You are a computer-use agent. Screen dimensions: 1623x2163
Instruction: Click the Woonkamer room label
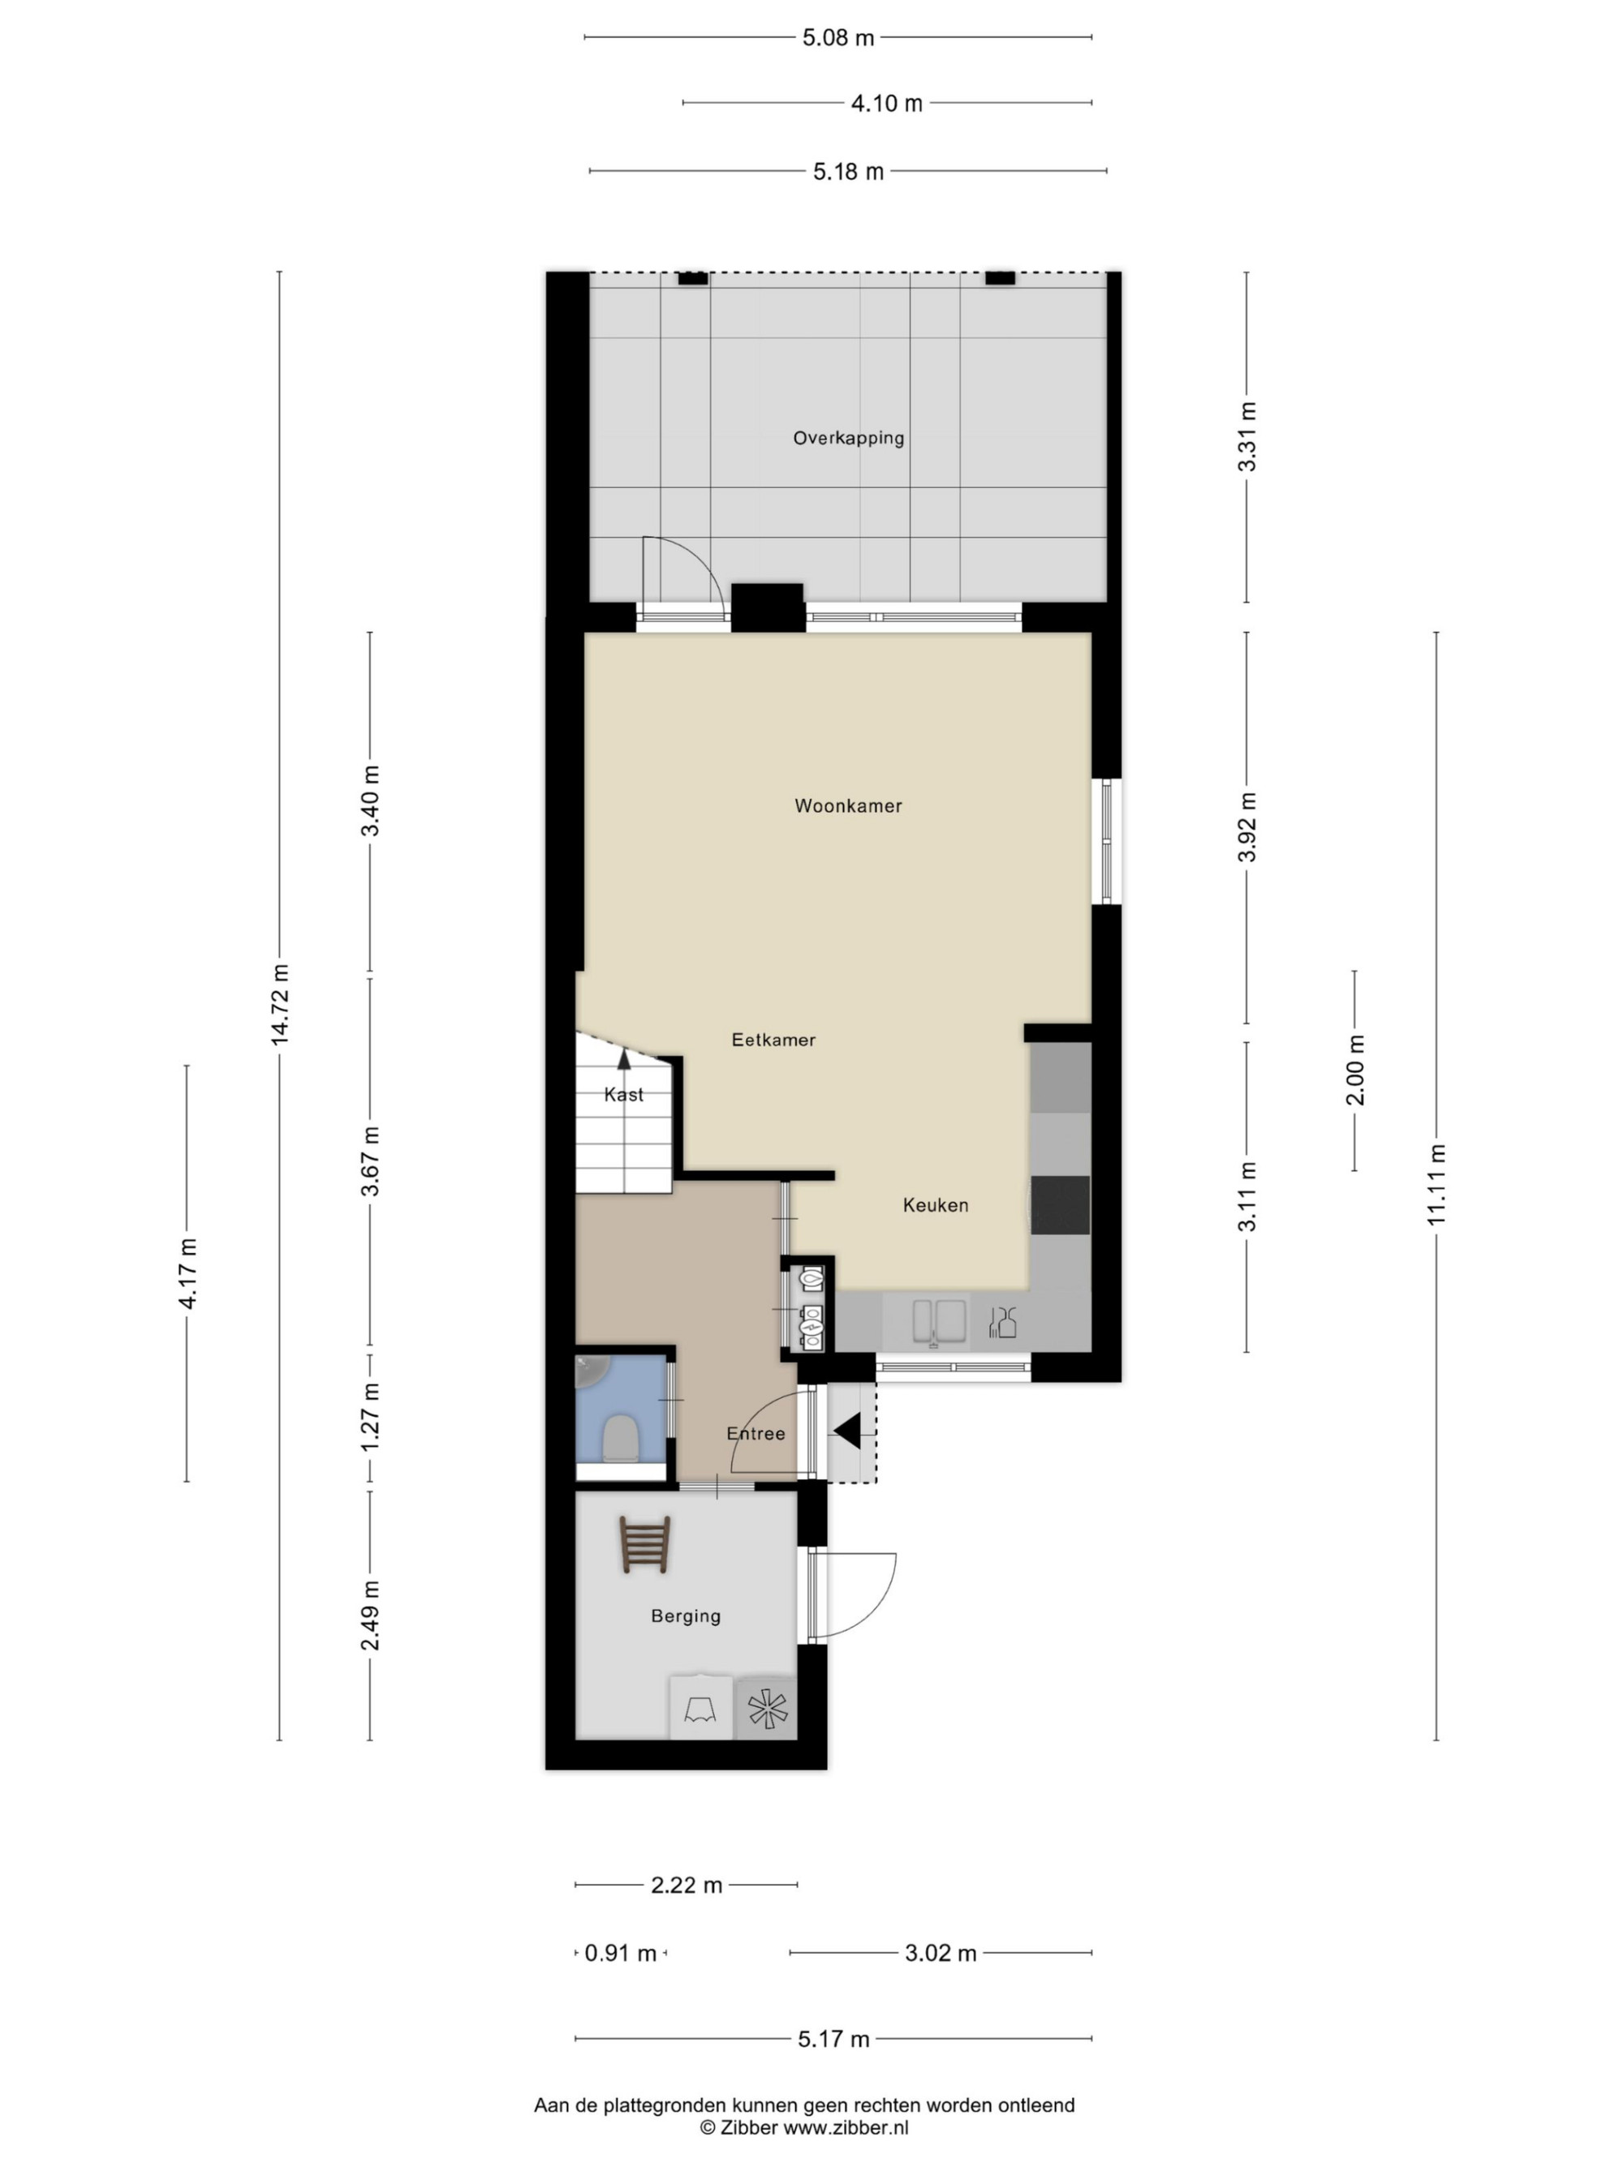pyautogui.click(x=848, y=805)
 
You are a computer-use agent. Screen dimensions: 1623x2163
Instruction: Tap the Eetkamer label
pyautogui.click(x=773, y=1040)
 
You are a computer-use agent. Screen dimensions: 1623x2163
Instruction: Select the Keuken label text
pyautogui.click(x=936, y=1204)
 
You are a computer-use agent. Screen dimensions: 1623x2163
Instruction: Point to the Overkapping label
pyautogui.click(x=848, y=438)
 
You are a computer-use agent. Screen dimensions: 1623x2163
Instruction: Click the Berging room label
pyautogui.click(x=686, y=1616)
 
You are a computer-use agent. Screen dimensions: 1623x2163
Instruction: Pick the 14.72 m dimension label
pyautogui.click(x=281, y=1003)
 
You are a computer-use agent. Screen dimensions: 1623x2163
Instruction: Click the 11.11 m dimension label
pyautogui.click(x=1436, y=1184)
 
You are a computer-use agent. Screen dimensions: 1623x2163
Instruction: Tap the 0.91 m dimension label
pyautogui.click(x=620, y=1953)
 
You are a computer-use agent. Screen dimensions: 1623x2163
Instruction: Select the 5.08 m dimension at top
pyautogui.click(x=838, y=37)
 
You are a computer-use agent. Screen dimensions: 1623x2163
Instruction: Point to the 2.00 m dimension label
pyautogui.click(x=1356, y=1070)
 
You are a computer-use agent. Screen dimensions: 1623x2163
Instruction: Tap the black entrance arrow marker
pyautogui.click(x=847, y=1431)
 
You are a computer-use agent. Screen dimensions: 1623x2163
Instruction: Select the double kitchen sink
pyautogui.click(x=939, y=1323)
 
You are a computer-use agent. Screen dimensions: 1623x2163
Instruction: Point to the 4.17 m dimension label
pyautogui.click(x=187, y=1272)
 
